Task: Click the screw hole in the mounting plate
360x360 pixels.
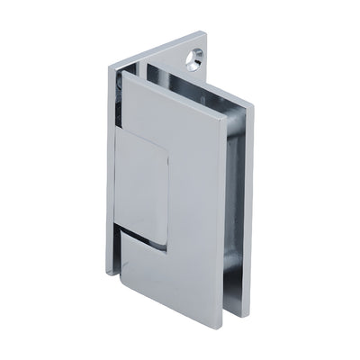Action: (x=192, y=58)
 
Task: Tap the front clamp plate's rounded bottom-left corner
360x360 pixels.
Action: (x=121, y=274)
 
